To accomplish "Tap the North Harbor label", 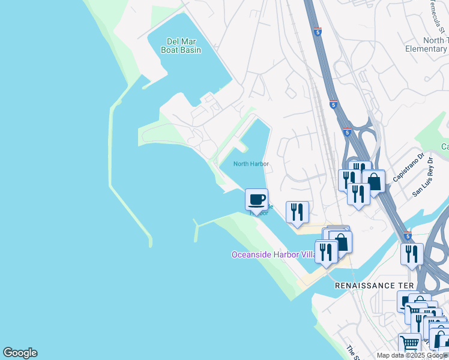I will pos(251,164).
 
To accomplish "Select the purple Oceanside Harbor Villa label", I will pos(273,254).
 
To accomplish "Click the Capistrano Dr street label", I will pos(408,167).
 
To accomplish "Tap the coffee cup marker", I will pos(257,199).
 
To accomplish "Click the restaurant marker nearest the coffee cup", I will pos(297,212).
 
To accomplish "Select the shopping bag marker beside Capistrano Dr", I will pos(373,181).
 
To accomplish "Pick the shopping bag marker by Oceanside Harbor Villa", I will pos(340,241).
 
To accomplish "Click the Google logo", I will pos(20,353).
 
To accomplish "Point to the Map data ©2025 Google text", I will pos(412,355).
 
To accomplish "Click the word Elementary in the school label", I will pos(426,49).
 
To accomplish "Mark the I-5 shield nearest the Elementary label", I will pos(318,31).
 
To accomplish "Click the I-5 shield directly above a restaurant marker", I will pos(408,236).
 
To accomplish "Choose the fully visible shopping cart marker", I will pos(409,344).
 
